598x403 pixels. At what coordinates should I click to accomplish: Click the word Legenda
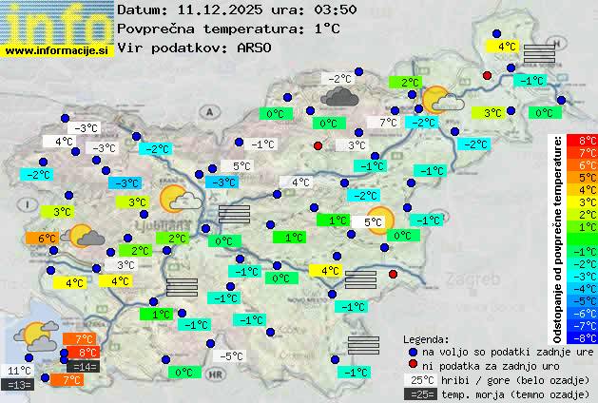tap(426, 338)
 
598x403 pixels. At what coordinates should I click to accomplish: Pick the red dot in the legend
tap(414, 365)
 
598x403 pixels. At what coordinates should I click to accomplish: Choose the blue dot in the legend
tap(414, 351)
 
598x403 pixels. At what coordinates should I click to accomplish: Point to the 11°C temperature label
tap(19, 371)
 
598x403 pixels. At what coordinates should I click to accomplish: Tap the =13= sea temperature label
tap(19, 385)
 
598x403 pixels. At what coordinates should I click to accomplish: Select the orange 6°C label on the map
tap(48, 239)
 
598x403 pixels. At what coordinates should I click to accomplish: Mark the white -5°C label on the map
tap(231, 356)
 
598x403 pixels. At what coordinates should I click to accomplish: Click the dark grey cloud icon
tap(339, 95)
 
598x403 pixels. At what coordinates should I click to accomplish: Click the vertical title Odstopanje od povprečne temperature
tap(558, 238)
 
